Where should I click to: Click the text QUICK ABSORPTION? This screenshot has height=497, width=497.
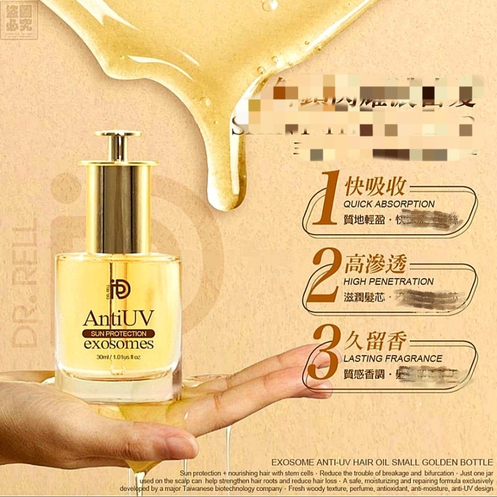[389, 204]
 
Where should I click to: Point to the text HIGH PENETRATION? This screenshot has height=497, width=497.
[389, 281]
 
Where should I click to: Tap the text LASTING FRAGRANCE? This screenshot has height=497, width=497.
[393, 358]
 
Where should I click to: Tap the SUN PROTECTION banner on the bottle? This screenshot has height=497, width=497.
[118, 333]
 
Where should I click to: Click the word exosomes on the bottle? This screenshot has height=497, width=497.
[118, 344]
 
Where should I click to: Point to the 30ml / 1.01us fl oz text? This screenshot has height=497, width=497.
[118, 356]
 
